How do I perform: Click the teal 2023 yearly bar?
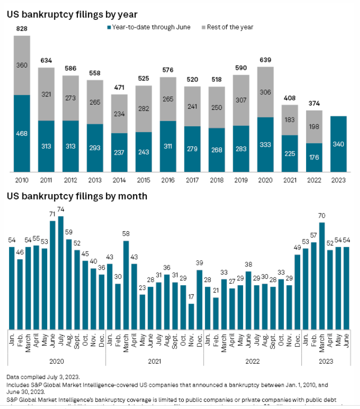coord(339,144)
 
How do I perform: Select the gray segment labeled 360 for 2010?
coord(22,66)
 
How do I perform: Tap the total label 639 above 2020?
coord(265,60)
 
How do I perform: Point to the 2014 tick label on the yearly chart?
coord(120,180)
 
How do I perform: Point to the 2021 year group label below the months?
coord(154,360)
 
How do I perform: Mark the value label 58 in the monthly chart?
coord(126,234)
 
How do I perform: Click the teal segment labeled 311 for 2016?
coord(167,146)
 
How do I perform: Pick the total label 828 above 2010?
coord(22,29)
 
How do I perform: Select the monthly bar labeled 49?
coord(297,291)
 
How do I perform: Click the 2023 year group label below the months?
coord(326,360)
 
